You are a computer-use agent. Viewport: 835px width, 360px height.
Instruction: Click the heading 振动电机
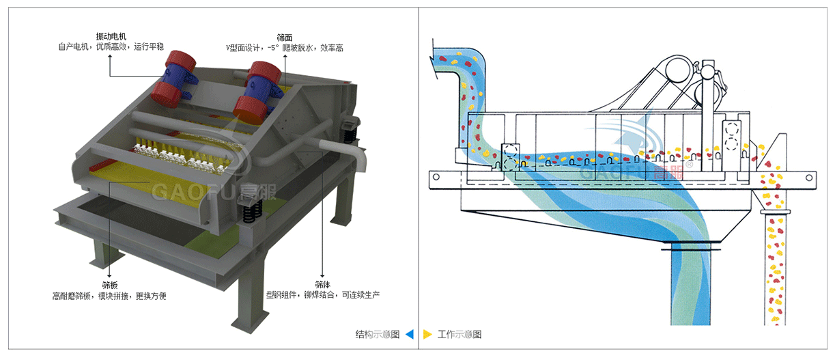pos(111,36)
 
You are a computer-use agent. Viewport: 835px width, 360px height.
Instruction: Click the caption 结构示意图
pos(377,334)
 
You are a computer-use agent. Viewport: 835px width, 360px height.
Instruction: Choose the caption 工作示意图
pos(459,334)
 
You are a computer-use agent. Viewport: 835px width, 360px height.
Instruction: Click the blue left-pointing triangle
pos(409,334)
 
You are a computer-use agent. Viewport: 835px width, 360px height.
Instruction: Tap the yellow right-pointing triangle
pos(427,334)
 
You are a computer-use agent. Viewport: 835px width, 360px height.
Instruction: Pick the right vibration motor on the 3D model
pos(258,87)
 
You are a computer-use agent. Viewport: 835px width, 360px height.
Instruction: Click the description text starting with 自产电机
pos(111,47)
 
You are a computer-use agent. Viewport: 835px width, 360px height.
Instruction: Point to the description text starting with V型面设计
pos(285,49)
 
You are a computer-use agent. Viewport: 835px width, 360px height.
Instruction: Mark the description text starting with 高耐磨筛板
pos(110,296)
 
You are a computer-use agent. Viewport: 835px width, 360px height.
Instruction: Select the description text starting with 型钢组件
pos(322,295)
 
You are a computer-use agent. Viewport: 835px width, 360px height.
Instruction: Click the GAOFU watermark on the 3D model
pos(195,192)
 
